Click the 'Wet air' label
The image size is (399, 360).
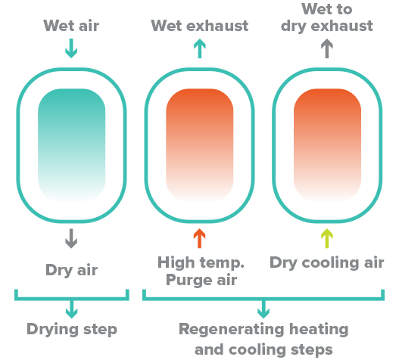click(71, 26)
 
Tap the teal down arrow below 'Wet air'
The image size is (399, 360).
click(71, 48)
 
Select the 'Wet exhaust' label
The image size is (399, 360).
click(200, 26)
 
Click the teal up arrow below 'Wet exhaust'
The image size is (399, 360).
click(200, 48)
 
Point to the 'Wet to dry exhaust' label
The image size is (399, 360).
click(327, 18)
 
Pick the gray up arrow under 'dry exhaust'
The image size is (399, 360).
click(327, 48)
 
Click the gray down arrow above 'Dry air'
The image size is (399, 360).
click(71, 238)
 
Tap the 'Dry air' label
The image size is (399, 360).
click(71, 270)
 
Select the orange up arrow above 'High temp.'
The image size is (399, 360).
click(200, 238)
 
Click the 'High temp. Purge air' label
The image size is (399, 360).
click(201, 272)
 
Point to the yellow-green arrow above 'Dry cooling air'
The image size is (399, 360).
click(327, 238)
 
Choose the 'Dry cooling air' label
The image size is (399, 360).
click(327, 262)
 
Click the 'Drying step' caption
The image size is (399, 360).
click(72, 330)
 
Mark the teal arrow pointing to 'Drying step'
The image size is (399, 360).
click(72, 309)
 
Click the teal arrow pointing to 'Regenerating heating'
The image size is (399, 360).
click(263, 309)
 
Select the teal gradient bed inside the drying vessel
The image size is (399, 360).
click(71, 145)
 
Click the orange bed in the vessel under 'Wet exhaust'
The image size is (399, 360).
click(200, 145)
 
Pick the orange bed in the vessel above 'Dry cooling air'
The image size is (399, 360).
click(327, 145)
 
